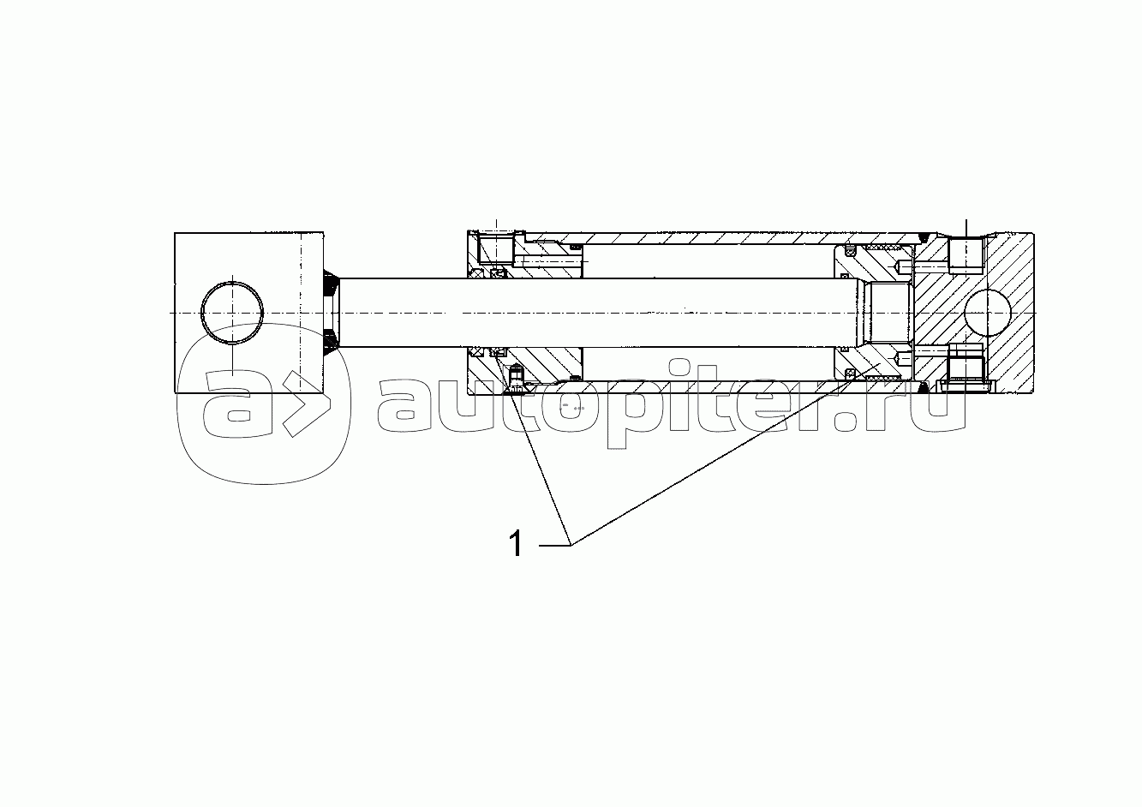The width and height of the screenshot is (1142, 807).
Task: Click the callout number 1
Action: [516, 543]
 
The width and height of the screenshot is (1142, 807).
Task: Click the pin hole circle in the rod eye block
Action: [233, 313]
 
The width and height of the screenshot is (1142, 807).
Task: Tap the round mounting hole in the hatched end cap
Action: [987, 313]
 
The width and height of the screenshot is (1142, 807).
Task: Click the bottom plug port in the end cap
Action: [966, 368]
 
